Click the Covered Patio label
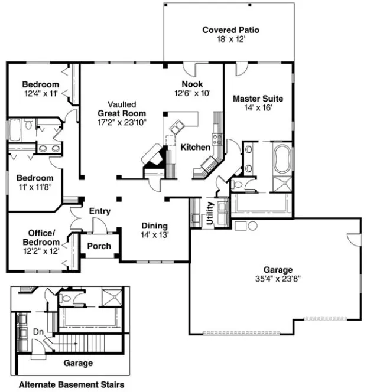tap(230, 30)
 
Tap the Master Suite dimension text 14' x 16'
tap(257, 108)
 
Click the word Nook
tap(192, 84)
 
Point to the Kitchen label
tap(195, 147)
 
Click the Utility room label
tap(209, 213)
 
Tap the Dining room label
tap(154, 226)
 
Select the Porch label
tap(99, 246)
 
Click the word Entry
tap(100, 211)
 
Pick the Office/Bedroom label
tap(41, 237)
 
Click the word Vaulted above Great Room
tap(122, 103)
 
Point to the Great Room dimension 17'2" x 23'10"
tap(122, 122)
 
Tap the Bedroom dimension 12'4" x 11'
tap(41, 93)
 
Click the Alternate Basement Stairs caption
tap(71, 385)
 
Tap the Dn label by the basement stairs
tap(38, 332)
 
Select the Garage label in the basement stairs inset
tap(77, 363)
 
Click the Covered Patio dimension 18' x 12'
tap(230, 39)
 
